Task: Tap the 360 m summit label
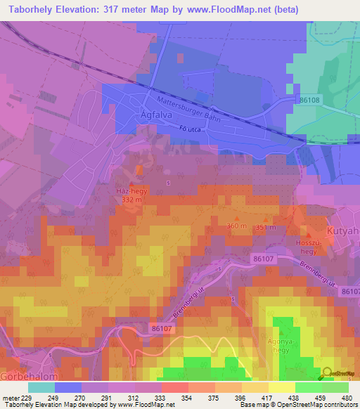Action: [x=237, y=226]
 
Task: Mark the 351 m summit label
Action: [x=266, y=228]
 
